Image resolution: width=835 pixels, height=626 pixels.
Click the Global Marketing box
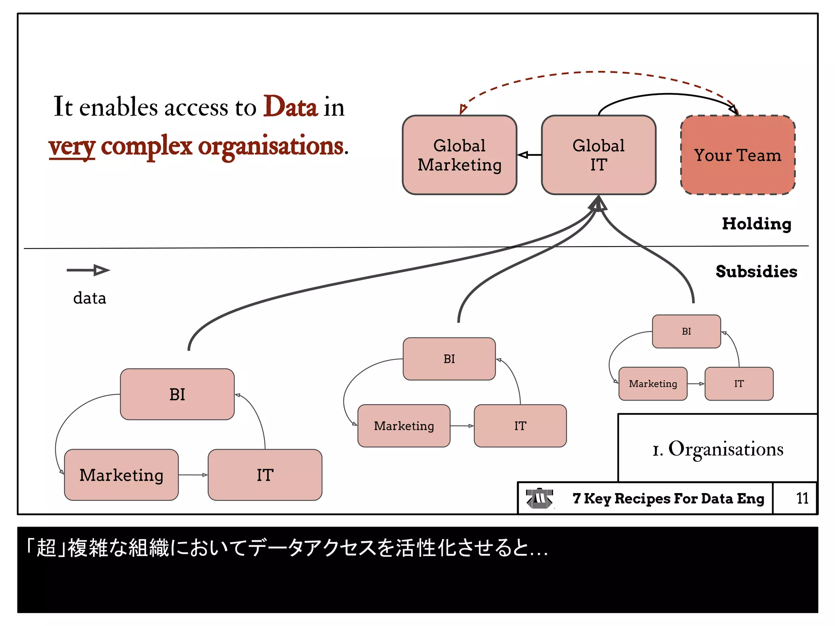point(459,155)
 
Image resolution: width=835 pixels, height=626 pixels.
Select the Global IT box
point(598,155)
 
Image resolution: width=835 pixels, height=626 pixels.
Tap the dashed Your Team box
point(738,155)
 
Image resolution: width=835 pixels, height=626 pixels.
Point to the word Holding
point(756,224)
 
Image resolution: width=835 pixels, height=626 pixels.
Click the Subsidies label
point(756,271)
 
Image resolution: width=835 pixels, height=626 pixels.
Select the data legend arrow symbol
point(88,270)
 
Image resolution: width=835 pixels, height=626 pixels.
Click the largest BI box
point(177,394)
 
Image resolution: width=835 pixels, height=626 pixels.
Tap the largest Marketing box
point(121,475)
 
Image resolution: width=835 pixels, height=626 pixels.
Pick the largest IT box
point(265,475)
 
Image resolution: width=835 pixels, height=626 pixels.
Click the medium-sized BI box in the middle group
point(449,359)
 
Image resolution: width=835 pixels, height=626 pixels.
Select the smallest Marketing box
point(653,384)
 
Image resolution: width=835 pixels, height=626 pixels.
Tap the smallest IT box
point(739,384)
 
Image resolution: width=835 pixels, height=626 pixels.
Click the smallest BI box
point(686,331)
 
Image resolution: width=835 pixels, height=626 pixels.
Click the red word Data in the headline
point(290,107)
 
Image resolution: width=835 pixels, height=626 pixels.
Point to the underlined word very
point(72,147)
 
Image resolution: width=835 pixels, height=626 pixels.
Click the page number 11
point(802,498)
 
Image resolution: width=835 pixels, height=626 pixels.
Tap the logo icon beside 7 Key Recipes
point(539,498)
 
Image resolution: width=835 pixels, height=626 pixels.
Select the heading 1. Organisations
point(718,449)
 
